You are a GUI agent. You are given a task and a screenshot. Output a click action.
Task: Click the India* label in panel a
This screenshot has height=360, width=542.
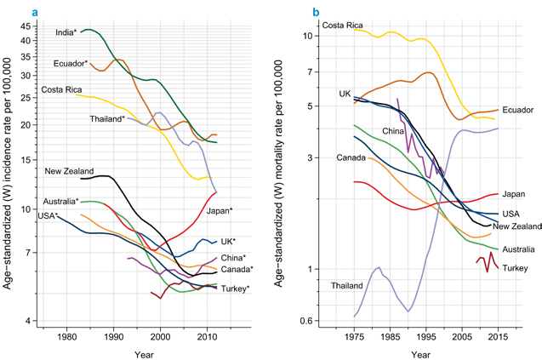[x=66, y=32]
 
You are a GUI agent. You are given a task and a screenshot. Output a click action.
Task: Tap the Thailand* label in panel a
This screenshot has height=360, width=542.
[x=107, y=119]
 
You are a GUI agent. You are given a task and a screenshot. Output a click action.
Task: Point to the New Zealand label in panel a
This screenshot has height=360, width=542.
[x=70, y=171]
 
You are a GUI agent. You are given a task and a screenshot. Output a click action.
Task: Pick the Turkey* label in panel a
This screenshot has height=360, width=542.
[x=235, y=289]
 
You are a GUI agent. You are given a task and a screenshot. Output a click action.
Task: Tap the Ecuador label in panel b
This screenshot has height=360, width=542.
[x=517, y=111]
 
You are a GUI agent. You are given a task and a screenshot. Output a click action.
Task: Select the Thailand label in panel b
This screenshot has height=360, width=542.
[x=348, y=285]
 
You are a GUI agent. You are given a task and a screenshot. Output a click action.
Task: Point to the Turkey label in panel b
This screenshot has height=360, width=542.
[x=515, y=268]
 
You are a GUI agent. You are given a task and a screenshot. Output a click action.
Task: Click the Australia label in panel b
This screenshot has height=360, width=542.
[x=518, y=249]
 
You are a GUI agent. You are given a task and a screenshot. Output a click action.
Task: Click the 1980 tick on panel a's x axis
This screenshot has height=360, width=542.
[x=67, y=336]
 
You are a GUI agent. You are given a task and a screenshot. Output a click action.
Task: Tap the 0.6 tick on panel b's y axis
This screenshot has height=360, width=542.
[x=309, y=321]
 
